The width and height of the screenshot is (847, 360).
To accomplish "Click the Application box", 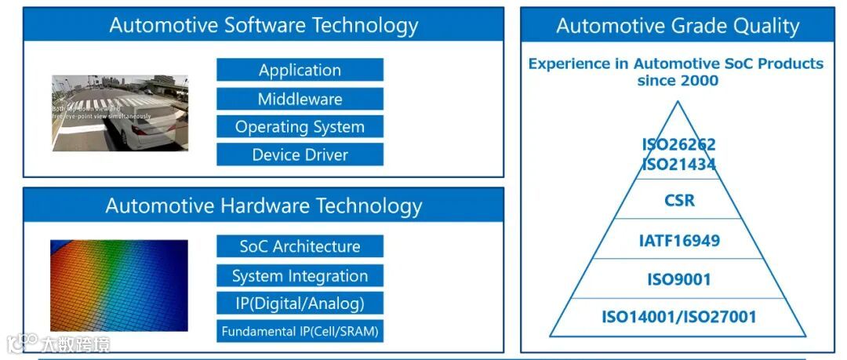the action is [300, 70].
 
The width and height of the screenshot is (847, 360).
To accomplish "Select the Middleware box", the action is [300, 99].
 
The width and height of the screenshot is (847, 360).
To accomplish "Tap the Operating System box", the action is [300, 126].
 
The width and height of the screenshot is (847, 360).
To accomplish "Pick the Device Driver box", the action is [300, 155].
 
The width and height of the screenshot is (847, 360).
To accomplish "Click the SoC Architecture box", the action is [300, 246].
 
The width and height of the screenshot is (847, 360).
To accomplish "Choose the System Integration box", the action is [300, 275].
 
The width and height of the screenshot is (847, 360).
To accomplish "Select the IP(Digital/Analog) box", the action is [300, 303].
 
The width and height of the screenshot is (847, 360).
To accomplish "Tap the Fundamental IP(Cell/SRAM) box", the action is [300, 331].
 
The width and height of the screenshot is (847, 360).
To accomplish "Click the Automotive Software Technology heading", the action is [264, 25].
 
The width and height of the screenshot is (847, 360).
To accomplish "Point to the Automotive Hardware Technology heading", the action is [264, 205].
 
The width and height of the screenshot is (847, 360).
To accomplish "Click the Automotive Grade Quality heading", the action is [678, 26].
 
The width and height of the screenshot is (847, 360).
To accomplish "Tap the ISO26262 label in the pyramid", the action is [678, 144].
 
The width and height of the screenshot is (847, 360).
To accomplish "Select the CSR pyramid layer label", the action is [678, 200].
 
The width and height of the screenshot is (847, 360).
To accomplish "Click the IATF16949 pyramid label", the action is [678, 240].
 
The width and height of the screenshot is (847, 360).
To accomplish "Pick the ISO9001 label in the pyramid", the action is [678, 279].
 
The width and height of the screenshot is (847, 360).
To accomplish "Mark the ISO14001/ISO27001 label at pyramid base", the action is [678, 317].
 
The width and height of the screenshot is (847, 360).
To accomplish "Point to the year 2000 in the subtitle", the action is [700, 80].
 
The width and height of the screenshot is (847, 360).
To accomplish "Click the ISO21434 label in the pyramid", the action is [678, 164].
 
